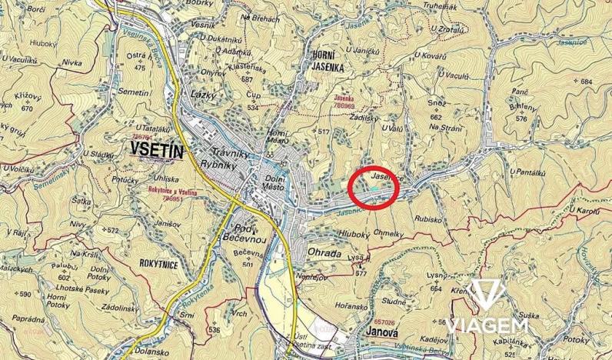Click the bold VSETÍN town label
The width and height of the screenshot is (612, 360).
click(158, 150)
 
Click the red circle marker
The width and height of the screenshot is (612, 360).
click(373, 187)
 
